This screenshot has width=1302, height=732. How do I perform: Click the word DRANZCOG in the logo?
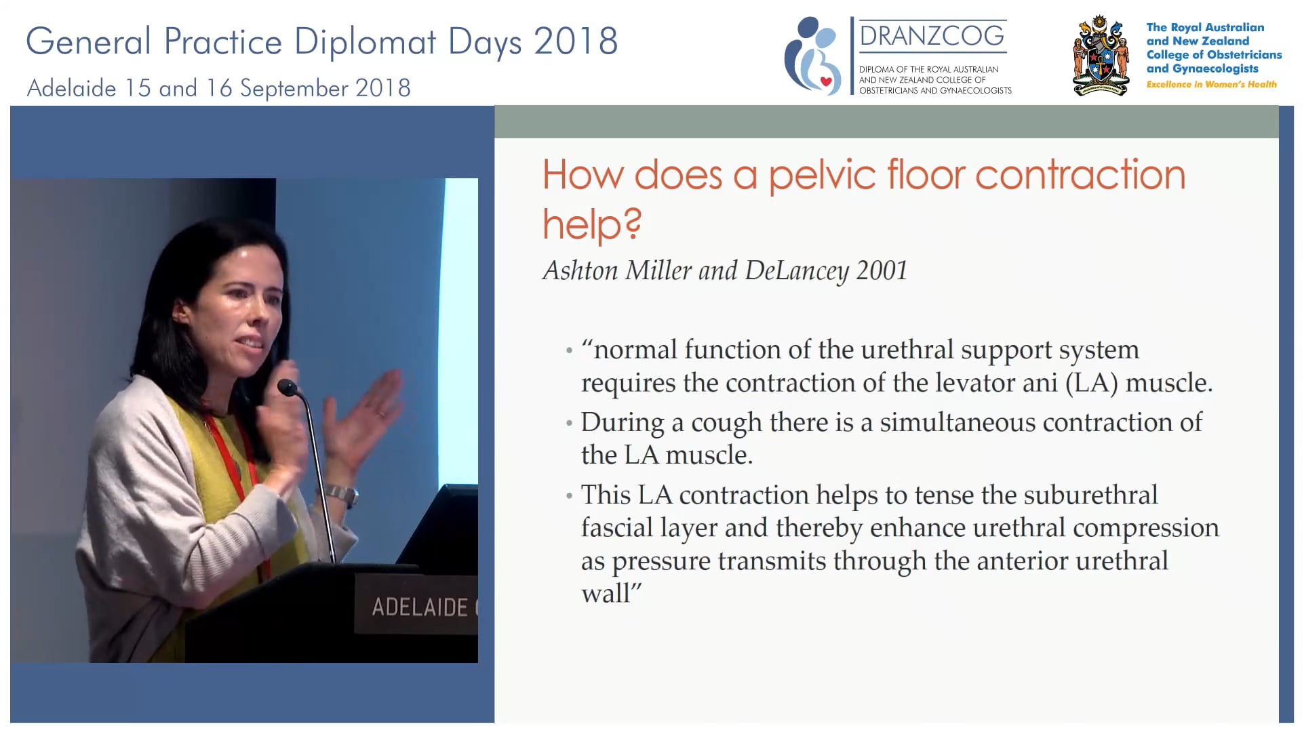[932, 35]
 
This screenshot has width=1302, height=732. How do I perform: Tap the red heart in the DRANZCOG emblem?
[826, 81]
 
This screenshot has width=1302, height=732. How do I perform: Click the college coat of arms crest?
[1101, 57]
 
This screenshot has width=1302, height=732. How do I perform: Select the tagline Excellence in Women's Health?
[1211, 84]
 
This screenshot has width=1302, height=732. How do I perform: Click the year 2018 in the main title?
[576, 41]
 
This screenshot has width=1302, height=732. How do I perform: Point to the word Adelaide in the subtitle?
[71, 88]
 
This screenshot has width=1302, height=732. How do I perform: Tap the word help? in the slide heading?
[592, 224]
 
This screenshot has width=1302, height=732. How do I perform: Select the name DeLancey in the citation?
[797, 270]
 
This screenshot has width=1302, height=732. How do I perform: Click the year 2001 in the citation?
[882, 270]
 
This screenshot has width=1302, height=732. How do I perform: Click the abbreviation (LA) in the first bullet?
[1092, 383]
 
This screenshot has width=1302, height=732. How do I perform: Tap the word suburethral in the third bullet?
[1090, 495]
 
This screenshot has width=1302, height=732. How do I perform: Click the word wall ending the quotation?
[606, 594]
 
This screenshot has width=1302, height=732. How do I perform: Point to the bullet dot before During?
[569, 424]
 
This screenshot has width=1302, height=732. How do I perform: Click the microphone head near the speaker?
[288, 388]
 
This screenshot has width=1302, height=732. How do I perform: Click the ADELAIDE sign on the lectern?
[420, 607]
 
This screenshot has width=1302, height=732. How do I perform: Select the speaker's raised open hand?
[366, 413]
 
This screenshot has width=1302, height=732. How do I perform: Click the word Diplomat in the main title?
[365, 41]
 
